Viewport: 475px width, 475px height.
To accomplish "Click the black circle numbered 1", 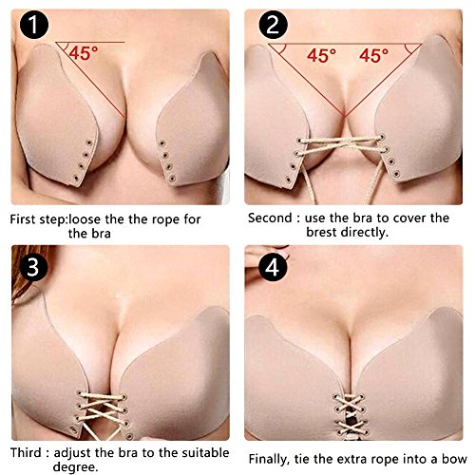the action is tap(34, 25).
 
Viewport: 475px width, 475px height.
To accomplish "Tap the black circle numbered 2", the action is tap(273, 25).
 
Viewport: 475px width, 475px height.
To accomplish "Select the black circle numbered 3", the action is tap(33, 267).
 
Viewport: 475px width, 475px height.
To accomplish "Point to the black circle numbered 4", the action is tap(273, 267).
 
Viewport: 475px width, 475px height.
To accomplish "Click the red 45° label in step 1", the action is tap(84, 53).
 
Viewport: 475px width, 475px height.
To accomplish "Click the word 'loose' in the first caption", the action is tap(85, 219).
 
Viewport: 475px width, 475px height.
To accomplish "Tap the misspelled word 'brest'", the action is tap(321, 233).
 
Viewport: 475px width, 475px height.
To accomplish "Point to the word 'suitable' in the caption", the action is tap(205, 452).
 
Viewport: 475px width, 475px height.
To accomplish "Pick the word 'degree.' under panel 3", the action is tap(76, 467).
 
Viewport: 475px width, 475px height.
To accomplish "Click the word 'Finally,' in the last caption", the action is tap(269, 459).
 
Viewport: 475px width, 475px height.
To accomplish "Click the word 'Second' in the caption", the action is tap(270, 218).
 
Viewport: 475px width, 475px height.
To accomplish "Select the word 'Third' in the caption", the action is tap(26, 452).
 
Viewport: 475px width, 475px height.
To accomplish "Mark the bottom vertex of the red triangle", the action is tap(345, 117).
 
